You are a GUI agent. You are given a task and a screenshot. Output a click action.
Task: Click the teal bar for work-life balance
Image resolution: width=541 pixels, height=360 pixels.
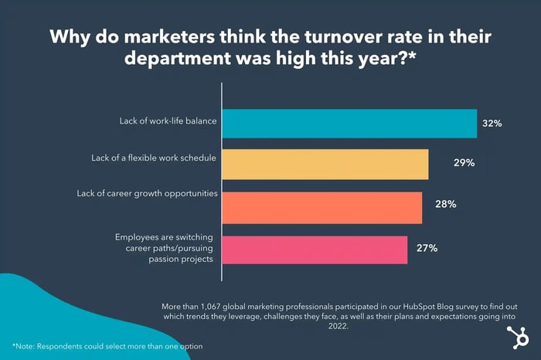[x=349, y=123]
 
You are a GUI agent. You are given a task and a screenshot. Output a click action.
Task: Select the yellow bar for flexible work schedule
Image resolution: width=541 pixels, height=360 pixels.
[x=325, y=165]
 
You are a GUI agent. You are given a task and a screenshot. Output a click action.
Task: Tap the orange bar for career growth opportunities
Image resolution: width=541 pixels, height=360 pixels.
[x=322, y=207]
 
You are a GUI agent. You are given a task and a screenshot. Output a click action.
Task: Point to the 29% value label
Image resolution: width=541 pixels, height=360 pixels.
[x=464, y=165]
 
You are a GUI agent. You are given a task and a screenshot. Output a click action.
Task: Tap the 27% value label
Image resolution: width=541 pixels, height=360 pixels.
[x=428, y=248]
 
